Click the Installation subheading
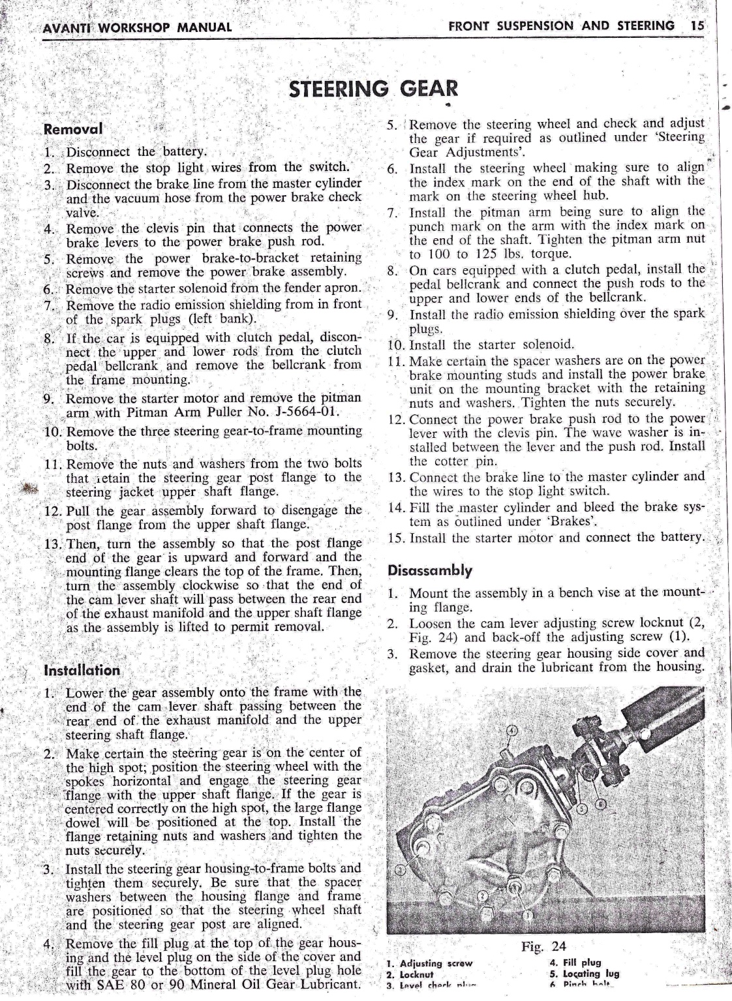[82, 670]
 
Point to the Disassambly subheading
[430, 570]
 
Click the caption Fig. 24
[545, 946]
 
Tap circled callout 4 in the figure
[512, 730]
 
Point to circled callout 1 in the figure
[529, 916]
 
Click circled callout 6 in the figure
[601, 804]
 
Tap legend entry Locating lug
[589, 974]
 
